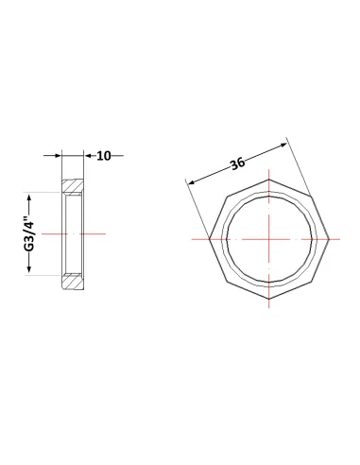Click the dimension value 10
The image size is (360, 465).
coord(104,156)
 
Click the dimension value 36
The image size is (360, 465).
coord(237,164)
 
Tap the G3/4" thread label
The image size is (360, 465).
coord(29,233)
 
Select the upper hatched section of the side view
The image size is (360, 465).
coord(73,186)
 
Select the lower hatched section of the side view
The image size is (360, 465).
coord(73,282)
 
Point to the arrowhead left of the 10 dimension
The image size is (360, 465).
coord(58,155)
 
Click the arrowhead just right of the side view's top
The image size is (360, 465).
coord(87,155)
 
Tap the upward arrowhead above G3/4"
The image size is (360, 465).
coord(29,198)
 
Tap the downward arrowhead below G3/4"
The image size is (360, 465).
coord(29,268)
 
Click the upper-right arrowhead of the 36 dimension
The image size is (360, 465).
coord(283,146)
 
